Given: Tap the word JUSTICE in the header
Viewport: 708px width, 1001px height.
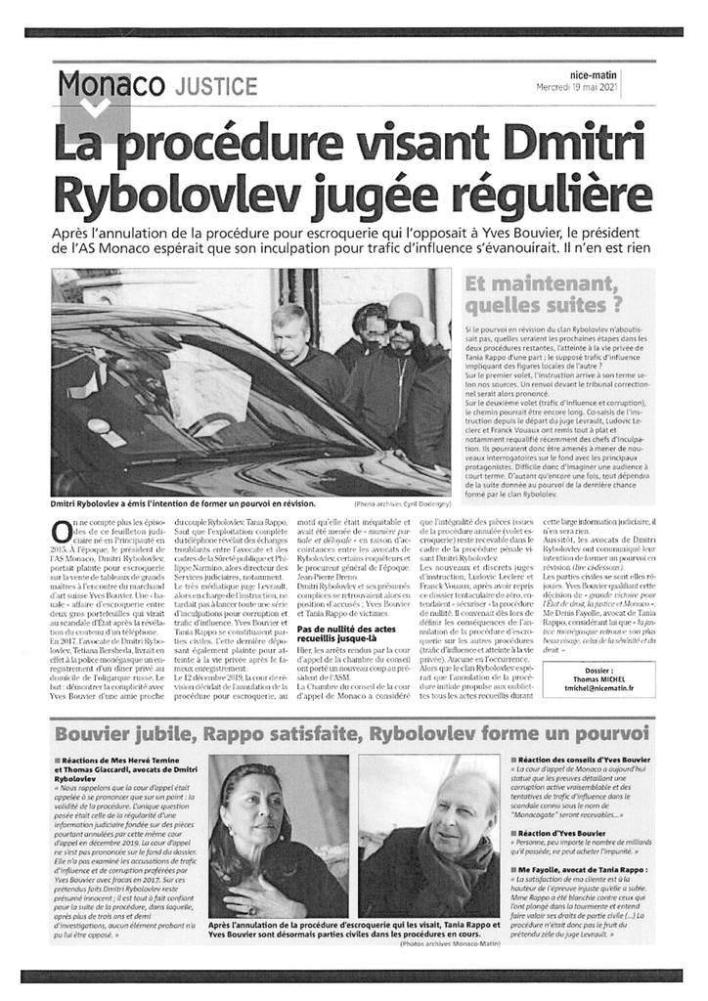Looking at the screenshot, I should pyautogui.click(x=216, y=87).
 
